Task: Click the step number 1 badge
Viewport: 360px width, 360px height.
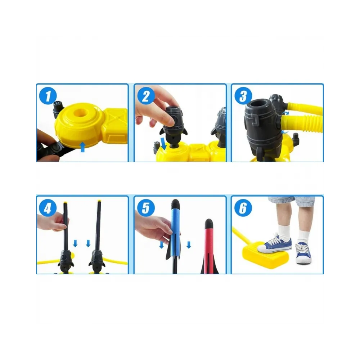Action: (48, 96)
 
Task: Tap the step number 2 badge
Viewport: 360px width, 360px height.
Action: (146, 96)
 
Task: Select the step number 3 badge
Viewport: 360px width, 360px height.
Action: (243, 96)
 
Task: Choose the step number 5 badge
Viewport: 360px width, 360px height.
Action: (146, 208)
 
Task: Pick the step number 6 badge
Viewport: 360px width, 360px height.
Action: (243, 208)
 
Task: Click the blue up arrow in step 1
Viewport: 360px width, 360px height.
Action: (82, 147)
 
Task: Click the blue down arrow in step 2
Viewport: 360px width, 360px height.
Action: (164, 144)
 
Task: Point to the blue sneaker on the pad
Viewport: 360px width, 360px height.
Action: (275, 244)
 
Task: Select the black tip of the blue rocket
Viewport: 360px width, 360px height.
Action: (176, 203)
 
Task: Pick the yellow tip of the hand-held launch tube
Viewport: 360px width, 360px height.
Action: (65, 203)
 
